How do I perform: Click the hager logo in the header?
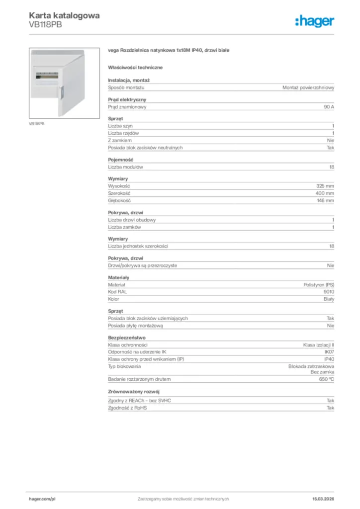click(314, 20)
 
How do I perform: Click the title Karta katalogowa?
click(64, 15)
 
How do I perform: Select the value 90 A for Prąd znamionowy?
click(328, 107)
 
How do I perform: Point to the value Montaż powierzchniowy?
click(308, 87)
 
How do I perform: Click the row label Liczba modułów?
click(125, 167)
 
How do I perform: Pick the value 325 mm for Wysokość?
click(325, 186)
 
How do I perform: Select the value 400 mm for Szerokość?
click(325, 193)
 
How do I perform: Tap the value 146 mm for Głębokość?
click(325, 200)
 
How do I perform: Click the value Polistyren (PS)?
click(319, 285)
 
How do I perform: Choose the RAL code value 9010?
click(329, 292)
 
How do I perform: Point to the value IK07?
click(329, 352)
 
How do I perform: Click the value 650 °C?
click(326, 379)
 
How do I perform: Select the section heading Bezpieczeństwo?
click(127, 338)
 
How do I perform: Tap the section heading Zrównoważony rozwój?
click(133, 392)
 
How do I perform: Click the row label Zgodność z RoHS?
click(128, 408)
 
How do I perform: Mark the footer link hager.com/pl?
click(42, 499)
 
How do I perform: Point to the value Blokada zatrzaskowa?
click(311, 366)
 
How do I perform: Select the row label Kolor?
click(114, 299)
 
